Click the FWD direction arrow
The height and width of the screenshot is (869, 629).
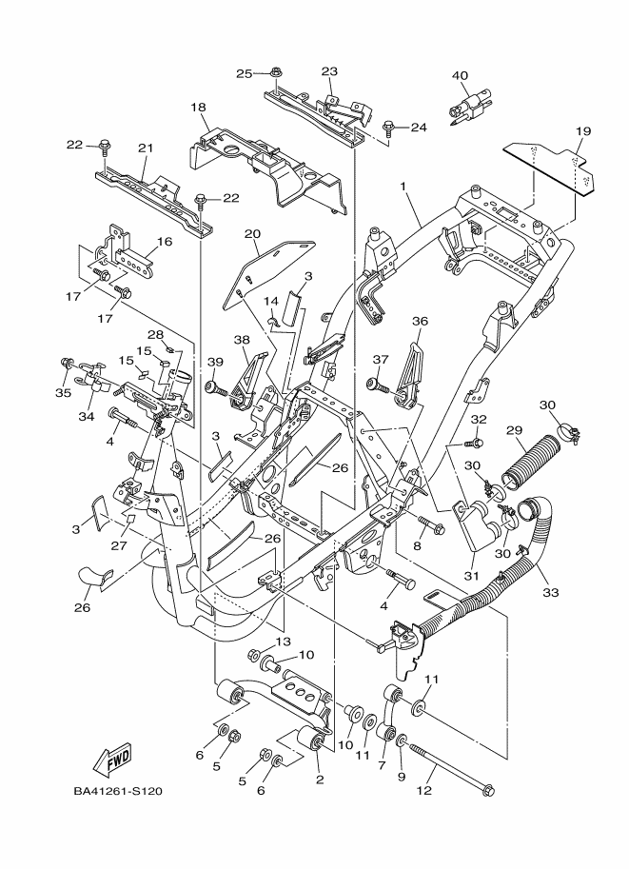(x=112, y=760)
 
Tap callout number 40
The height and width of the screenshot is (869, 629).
(x=461, y=75)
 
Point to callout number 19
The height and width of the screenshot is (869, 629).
(x=583, y=130)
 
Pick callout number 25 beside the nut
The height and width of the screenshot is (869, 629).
(x=244, y=73)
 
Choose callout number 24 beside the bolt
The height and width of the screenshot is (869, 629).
(x=418, y=128)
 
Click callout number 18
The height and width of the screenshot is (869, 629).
(x=199, y=108)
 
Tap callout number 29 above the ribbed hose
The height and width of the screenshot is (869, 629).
(x=514, y=431)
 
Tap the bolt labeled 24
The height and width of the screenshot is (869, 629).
(x=388, y=126)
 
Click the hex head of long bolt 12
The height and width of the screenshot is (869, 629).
(x=488, y=789)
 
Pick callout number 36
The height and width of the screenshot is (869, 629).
(x=420, y=323)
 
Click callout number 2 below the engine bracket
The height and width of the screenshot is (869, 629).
(x=320, y=780)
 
